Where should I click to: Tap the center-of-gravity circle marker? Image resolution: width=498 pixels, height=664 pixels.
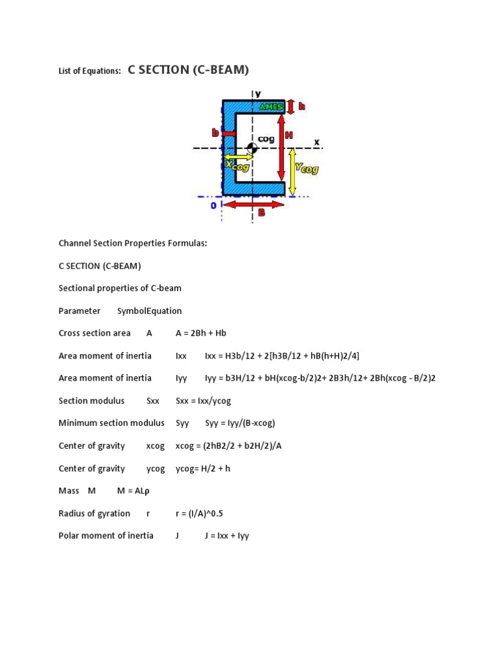click(252, 148)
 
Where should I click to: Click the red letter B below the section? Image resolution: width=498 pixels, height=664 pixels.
click(262, 212)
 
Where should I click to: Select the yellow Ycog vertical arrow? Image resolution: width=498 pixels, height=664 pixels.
click(292, 171)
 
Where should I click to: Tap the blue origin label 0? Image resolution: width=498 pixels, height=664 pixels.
click(213, 205)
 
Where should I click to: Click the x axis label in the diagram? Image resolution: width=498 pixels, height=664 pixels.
click(316, 141)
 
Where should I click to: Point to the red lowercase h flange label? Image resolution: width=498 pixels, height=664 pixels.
click(302, 106)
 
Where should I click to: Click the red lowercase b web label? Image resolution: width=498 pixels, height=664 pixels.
click(215, 133)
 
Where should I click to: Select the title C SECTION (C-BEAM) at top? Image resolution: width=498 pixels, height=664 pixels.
click(188, 70)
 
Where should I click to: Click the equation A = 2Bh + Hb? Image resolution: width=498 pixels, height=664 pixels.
click(201, 333)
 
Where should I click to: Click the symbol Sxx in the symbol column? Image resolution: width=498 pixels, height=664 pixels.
click(152, 401)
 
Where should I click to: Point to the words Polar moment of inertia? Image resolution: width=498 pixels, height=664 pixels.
click(106, 536)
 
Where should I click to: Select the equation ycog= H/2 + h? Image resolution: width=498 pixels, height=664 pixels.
click(203, 468)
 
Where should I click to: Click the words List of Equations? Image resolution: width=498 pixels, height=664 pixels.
click(89, 72)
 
